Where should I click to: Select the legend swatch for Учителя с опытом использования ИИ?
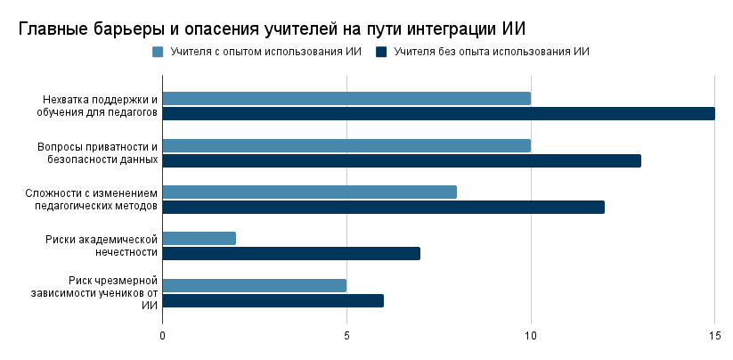tap(158, 52)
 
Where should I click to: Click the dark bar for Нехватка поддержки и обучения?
tap(438, 113)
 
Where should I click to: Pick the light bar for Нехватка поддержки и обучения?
tap(346, 98)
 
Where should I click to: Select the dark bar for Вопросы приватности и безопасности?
tap(402, 160)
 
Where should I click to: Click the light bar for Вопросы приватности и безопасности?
tap(346, 145)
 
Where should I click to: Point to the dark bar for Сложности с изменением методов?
tap(383, 207)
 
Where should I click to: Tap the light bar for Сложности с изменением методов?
tap(309, 192)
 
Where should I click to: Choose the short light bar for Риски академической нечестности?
tap(199, 238)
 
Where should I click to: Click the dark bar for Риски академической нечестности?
tap(291, 253)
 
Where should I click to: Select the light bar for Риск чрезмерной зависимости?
tap(254, 285)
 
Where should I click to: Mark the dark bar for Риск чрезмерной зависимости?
tap(273, 300)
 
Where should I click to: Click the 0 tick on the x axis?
tap(162, 336)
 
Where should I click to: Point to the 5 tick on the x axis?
tap(346, 336)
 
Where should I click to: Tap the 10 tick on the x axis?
tap(531, 336)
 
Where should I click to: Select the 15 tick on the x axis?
tap(714, 336)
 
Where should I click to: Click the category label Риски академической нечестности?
tap(102, 245)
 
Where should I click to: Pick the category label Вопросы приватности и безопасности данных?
tap(98, 152)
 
